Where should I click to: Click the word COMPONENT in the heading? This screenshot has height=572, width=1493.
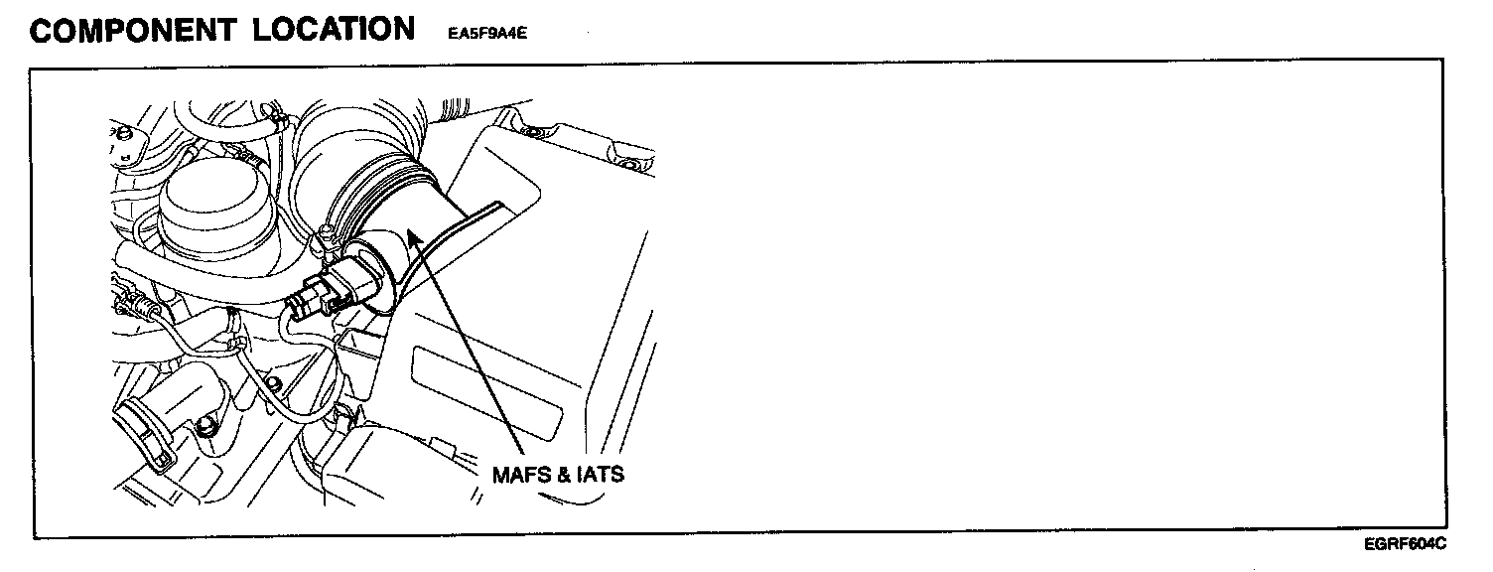(131, 30)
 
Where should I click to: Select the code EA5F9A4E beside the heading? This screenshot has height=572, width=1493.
(481, 33)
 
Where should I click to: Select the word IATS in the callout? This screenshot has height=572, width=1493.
(601, 475)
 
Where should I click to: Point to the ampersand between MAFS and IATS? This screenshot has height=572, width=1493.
(563, 475)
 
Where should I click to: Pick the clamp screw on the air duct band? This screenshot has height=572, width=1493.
(324, 238)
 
